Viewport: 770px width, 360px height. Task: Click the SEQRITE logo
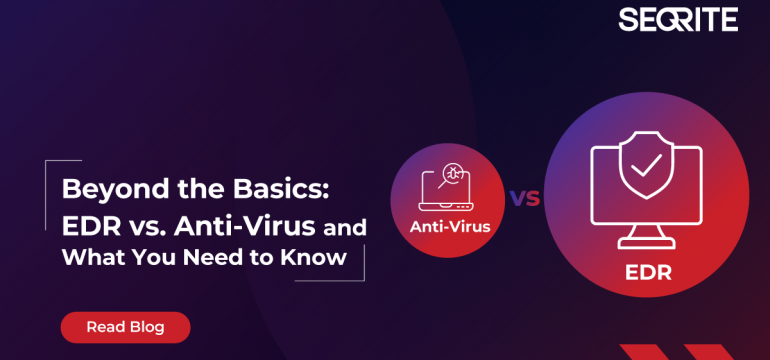(677, 19)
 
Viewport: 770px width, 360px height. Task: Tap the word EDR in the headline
(87, 223)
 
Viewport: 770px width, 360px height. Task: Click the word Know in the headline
(320, 257)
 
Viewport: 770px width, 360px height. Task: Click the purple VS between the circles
(525, 197)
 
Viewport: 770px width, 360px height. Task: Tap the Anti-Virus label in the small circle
(450, 226)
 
